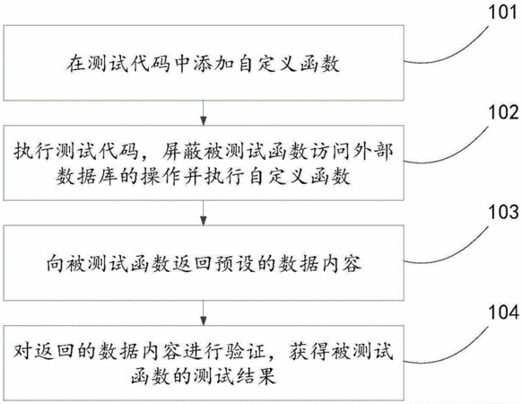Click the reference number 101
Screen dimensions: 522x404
point(502,13)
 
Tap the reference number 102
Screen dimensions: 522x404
point(503,112)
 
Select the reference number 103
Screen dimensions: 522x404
point(503,212)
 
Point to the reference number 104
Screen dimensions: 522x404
point(503,312)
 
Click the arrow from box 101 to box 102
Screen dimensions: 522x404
point(204,112)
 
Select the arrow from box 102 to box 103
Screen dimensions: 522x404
point(204,213)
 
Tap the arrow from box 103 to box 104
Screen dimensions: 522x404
point(204,313)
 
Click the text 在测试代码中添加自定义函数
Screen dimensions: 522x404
point(204,63)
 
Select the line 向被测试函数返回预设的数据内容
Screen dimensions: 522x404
point(204,263)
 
